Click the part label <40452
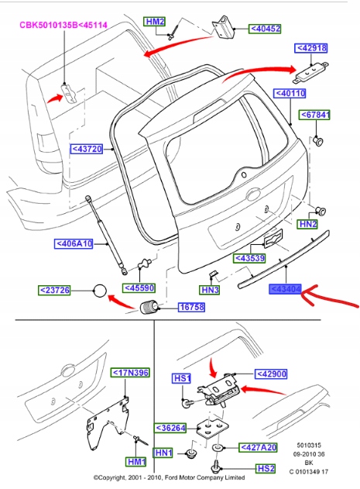pos(266,29)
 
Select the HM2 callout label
pos(156,22)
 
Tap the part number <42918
pos(312,48)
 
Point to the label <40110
pos(290,93)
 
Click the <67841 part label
pos(317,115)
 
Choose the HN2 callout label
pos(308,224)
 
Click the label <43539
pos(251,257)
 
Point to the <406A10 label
pos(74,243)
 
